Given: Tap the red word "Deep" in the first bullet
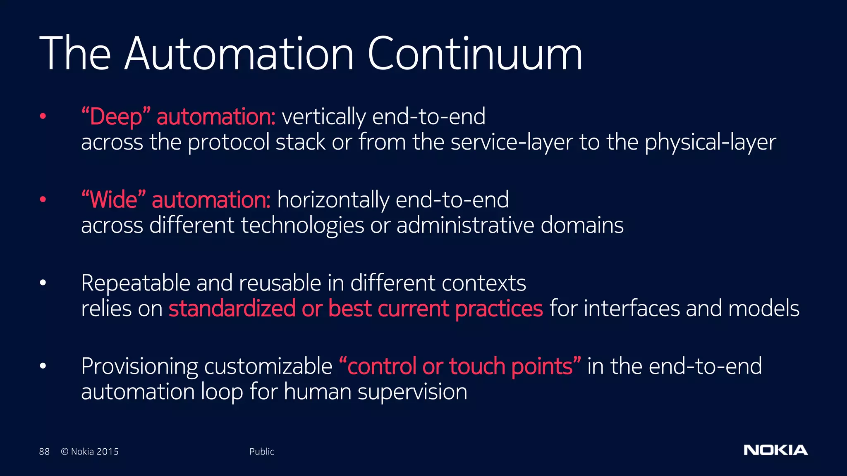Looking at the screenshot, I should pos(116,117).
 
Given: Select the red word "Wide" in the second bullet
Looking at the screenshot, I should pos(114,200).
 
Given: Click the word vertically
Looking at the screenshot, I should pos(323,117).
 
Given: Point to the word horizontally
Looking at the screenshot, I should pos(333,200).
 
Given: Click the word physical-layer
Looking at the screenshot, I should pos(710,143).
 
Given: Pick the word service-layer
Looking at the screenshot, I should pos(512,143).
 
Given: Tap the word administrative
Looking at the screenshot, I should pos(465,226).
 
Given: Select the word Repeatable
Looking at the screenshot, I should pos(135,283).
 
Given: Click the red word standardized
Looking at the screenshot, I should pos(232,309).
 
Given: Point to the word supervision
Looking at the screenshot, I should pos(412,392).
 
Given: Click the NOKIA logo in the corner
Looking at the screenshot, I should pos(775,450).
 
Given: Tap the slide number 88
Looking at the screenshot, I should pos(44,452).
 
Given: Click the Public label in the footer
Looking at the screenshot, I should pos(261,452).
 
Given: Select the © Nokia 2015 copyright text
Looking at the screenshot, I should pos(90,452).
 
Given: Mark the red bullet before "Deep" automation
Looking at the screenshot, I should pos(43,117).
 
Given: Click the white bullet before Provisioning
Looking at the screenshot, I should pos(43,366).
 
